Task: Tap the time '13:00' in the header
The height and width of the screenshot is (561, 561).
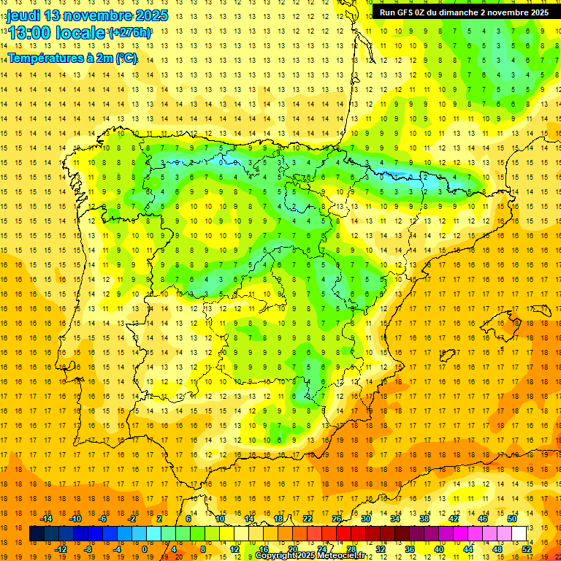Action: [29, 33]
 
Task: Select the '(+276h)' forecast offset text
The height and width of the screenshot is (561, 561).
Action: [130, 33]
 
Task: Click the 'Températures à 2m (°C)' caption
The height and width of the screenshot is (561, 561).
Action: [72, 58]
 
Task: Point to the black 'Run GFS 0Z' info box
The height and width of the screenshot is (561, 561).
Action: [464, 12]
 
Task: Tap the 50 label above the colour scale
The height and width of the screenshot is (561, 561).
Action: [512, 519]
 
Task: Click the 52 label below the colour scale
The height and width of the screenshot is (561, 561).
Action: [527, 549]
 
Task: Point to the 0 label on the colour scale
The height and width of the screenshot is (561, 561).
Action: [145, 549]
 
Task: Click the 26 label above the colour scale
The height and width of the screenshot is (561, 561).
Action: [337, 519]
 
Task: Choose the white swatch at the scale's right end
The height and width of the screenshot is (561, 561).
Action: [519, 534]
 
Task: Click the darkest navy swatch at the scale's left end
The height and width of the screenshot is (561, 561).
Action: [37, 534]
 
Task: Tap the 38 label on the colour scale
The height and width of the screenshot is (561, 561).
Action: [424, 519]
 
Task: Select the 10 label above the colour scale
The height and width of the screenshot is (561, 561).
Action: [220, 519]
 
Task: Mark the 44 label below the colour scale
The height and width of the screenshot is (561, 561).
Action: [468, 549]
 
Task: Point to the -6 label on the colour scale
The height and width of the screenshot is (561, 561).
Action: [104, 519]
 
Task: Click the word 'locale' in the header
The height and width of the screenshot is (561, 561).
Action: [80, 33]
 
